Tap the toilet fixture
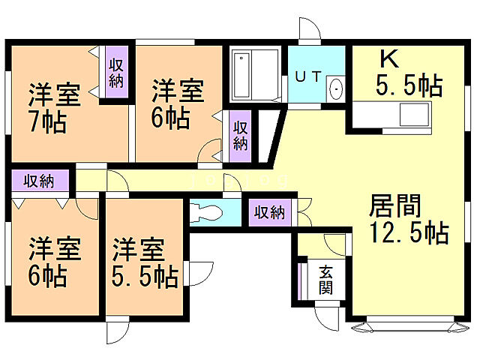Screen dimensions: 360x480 pyautogui.click(x=205, y=211)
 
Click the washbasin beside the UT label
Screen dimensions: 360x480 pyautogui.click(x=335, y=88)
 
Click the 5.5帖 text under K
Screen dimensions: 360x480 pyautogui.click(x=409, y=85)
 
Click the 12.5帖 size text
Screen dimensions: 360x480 pyautogui.click(x=408, y=233)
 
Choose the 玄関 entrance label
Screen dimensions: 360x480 pyautogui.click(x=326, y=280)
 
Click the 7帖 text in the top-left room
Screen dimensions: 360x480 pyautogui.click(x=49, y=121)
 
